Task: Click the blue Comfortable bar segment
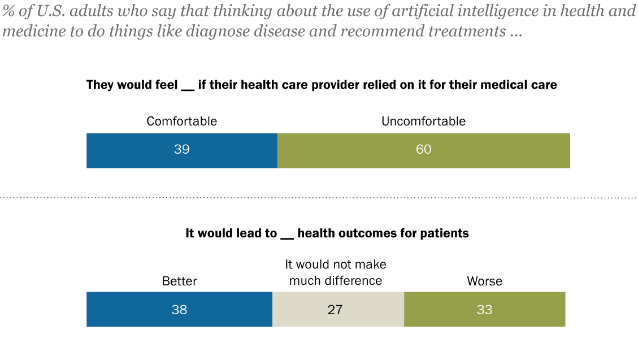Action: [x=141, y=151]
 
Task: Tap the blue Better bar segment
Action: [x=136, y=310]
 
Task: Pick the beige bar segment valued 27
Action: [x=362, y=310]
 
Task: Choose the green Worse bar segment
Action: [x=526, y=310]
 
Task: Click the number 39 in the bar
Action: [x=181, y=150]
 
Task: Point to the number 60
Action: [x=423, y=150]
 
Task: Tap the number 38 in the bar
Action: [x=179, y=310]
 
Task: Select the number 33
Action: [x=484, y=310]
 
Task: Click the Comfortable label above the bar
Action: [x=181, y=121]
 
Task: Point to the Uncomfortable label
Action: [x=423, y=121]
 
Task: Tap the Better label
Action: [x=180, y=281]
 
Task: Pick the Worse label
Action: [x=484, y=281]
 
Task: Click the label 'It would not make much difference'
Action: [x=336, y=272]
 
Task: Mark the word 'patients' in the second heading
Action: [x=447, y=233]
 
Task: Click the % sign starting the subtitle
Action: [x=8, y=11]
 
